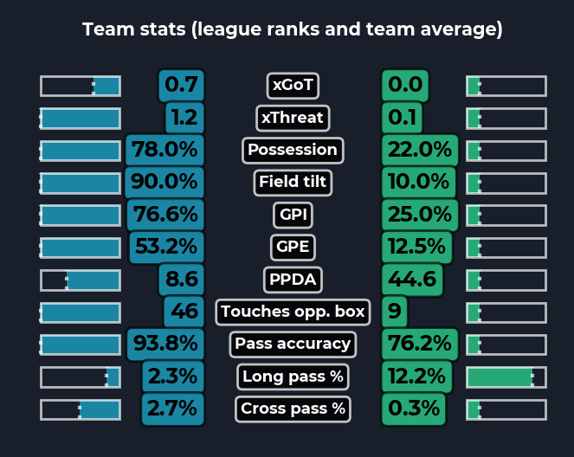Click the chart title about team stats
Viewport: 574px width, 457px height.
(292, 29)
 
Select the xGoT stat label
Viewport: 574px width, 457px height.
(293, 85)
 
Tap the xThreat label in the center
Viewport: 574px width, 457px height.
(292, 118)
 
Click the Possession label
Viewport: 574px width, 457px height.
(293, 150)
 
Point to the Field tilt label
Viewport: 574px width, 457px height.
(293, 183)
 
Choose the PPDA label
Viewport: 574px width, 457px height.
(293, 280)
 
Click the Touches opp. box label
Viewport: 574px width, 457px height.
(293, 312)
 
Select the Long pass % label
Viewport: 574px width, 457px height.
(293, 377)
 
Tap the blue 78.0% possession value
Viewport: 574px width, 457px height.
(164, 150)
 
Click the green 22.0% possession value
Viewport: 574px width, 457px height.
(419, 150)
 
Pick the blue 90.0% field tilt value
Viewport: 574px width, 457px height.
(164, 183)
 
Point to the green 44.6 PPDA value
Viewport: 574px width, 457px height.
(412, 280)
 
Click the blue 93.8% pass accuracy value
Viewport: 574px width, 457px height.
(164, 344)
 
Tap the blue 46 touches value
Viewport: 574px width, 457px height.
(184, 312)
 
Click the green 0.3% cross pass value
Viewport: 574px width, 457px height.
(414, 409)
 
